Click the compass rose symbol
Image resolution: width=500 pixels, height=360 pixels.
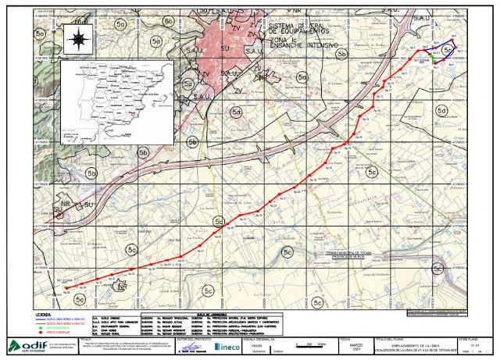pyautogui.click(x=78, y=37)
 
